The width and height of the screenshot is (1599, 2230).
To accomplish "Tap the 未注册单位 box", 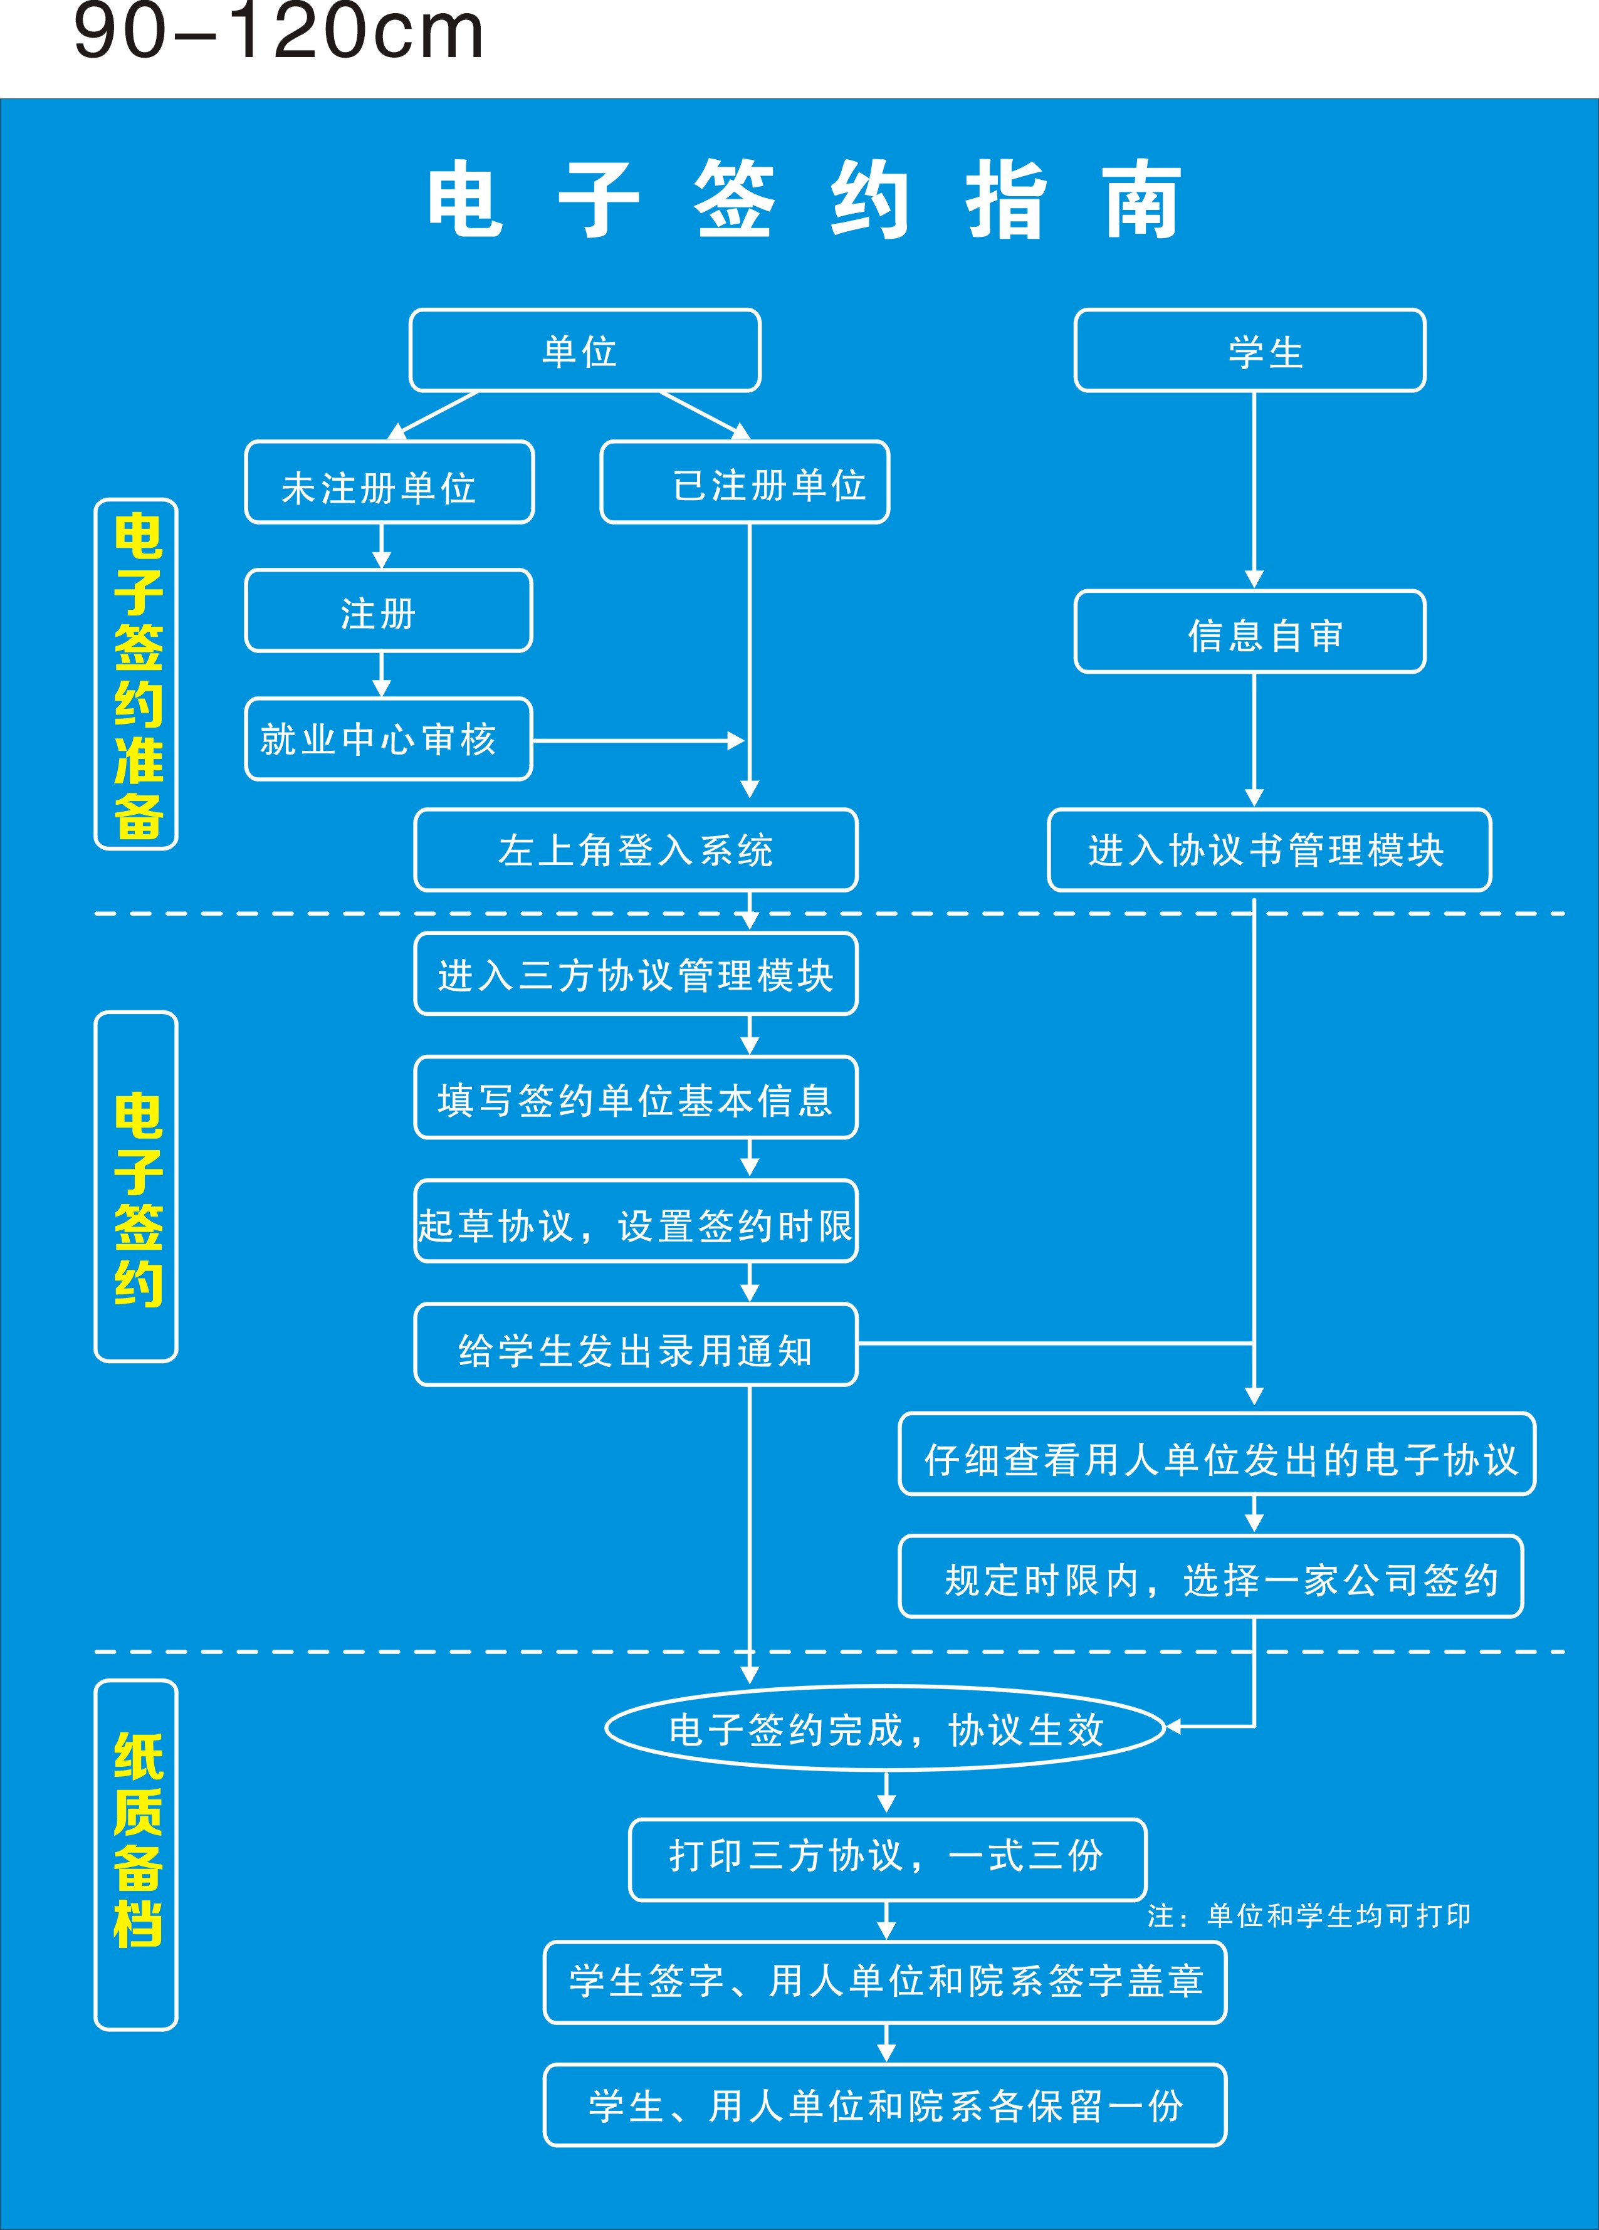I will point(389,483).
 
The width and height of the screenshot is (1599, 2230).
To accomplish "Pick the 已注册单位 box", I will point(745,483).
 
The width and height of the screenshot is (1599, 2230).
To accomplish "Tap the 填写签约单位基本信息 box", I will point(635,1098).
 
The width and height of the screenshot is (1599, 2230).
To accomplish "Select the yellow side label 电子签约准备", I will point(137,674).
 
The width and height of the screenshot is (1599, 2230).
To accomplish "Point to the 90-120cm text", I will point(278,33).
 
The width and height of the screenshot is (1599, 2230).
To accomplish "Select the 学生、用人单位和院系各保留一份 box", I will point(885,2105).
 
